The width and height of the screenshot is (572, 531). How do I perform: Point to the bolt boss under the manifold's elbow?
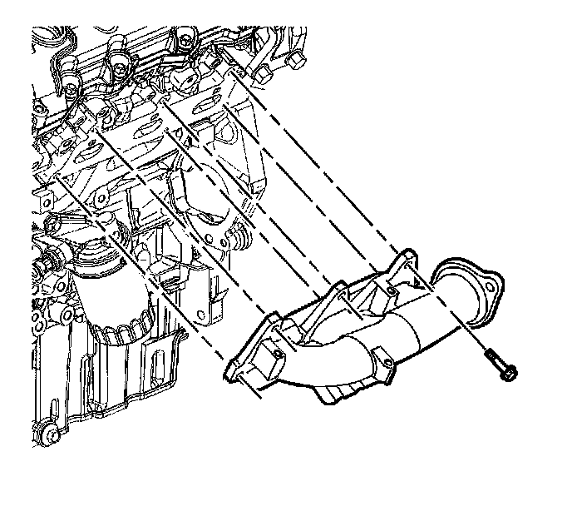pyautogui.click(x=382, y=367)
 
